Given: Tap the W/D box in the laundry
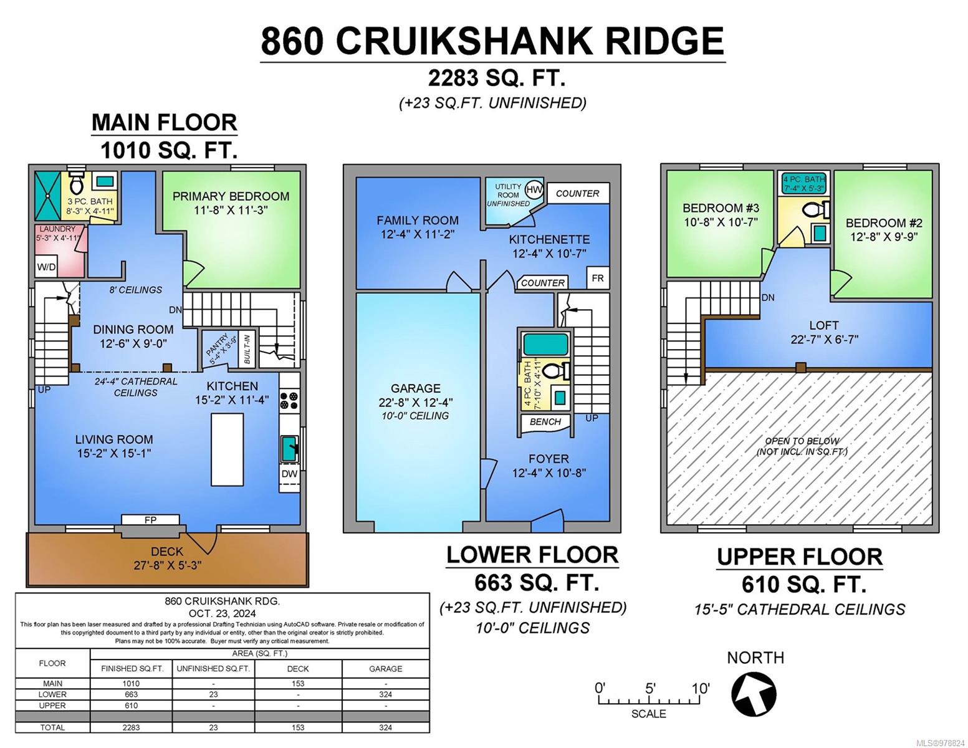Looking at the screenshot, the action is (x=46, y=267).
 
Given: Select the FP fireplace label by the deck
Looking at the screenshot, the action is (x=150, y=520).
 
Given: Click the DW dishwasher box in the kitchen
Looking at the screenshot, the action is (x=289, y=474).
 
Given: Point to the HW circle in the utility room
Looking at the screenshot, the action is (x=534, y=189).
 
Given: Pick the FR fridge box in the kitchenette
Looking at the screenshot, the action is (x=597, y=278).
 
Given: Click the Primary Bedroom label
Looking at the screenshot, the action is (x=231, y=196).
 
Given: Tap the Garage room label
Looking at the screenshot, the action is (x=416, y=388).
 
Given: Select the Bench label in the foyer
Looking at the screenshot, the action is (x=545, y=422).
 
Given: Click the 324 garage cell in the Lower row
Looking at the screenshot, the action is (x=385, y=694).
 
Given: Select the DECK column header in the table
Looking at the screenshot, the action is (x=297, y=669).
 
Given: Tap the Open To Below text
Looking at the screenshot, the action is (x=802, y=441).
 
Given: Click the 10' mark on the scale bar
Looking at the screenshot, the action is (x=700, y=689).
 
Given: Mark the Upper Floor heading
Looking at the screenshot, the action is (x=800, y=557).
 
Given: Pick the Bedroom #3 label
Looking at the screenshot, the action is (x=721, y=208).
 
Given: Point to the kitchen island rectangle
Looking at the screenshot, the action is (x=227, y=449).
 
